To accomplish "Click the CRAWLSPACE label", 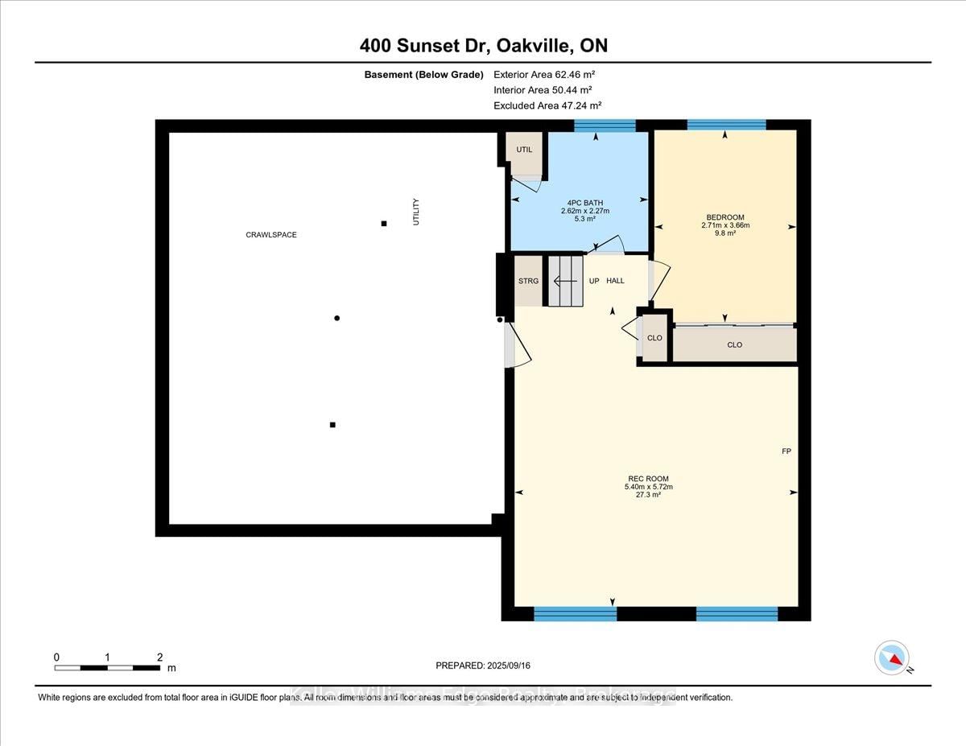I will pos(271,235).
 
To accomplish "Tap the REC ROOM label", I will pos(647,479).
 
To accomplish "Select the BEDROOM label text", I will pos(724,217).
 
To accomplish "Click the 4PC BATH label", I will pos(584,203).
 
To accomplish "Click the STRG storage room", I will pos(528,281).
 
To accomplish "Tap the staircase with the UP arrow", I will pos(565,281).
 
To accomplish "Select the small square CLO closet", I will pos(654,338).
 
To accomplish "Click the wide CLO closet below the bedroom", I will pos(734,344).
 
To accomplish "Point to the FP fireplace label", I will pos(786,451).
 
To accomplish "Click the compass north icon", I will pos(892,657).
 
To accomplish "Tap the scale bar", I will pos(107,667).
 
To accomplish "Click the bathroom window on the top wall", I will pos(605,126).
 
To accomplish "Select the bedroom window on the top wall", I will pos(726,126).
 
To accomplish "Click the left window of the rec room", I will pos(575,614).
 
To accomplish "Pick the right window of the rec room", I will pos(737,614).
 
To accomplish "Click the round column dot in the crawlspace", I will pos(337,319).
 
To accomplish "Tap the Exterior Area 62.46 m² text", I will pos(544,74).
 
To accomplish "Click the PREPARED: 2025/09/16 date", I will pos(483,666).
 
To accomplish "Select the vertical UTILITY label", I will pos(416,212).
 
